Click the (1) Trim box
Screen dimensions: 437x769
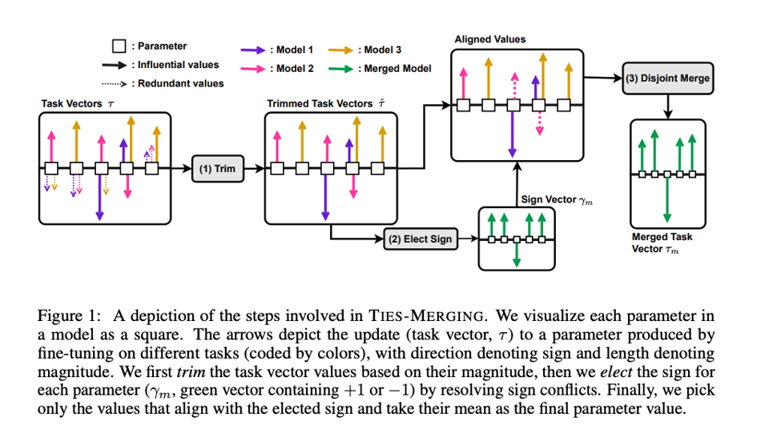[x=215, y=169]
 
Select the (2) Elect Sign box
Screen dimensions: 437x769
[x=420, y=239]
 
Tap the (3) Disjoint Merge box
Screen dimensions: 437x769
[x=666, y=78]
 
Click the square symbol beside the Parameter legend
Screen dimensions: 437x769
[x=119, y=46]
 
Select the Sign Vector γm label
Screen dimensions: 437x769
[x=557, y=198]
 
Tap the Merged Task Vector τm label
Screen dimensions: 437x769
[x=662, y=242]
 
